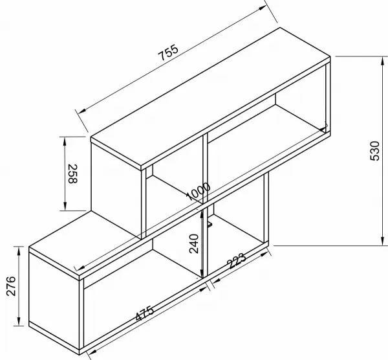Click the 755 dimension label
pos(168,52)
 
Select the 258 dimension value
pos(72,174)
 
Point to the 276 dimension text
pos(11,286)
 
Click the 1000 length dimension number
pos(199,191)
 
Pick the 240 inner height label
pos(194,243)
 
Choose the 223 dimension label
pos(237,261)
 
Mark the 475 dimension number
pos(145,313)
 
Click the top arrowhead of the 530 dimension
pos(383,61)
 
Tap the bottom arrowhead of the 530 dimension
pos(383,241)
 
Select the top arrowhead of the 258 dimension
pos(65,141)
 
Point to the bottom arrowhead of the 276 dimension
pos(19,321)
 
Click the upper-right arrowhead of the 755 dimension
pos(263,8)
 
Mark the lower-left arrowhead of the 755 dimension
pos(82,110)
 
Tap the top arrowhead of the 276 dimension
pos(19,251)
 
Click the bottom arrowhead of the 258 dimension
pos(65,206)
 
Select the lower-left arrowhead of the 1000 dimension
pos(78,268)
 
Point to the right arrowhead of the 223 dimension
pos(264,254)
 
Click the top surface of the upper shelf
pos(211,96)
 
